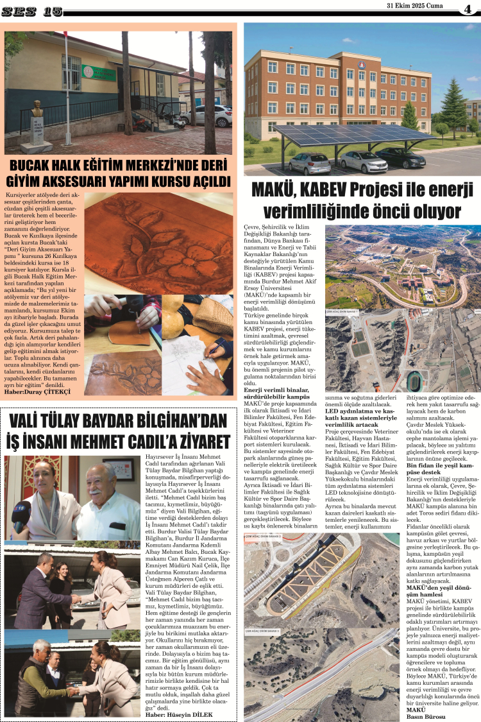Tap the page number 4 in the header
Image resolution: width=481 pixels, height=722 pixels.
[469, 9]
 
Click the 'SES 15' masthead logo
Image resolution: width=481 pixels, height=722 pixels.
[33, 12]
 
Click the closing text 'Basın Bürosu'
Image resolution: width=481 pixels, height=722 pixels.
[426, 716]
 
